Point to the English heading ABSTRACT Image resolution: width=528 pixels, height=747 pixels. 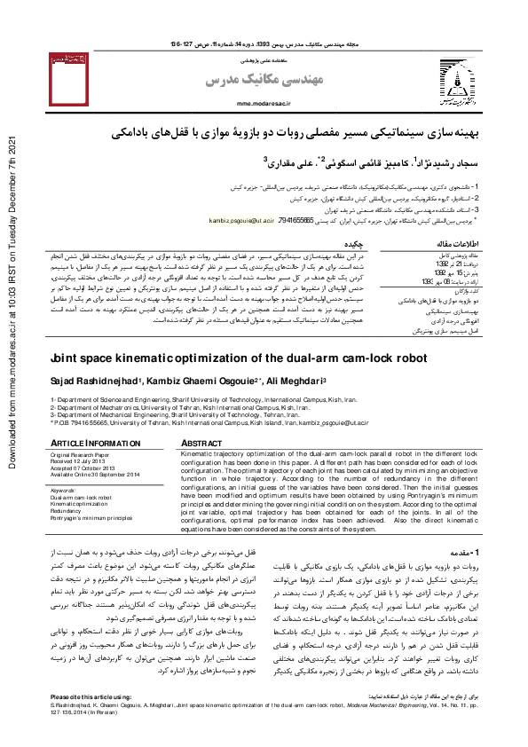(x=202, y=442)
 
